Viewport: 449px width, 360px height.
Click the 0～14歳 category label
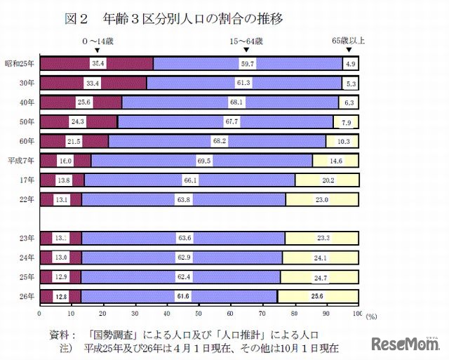coord(97,43)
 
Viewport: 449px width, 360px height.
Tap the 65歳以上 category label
coord(348,43)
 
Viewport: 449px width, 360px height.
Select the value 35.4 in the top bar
coord(98,64)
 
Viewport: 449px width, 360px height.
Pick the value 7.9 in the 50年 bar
coord(347,122)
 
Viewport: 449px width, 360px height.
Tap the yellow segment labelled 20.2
coord(327,180)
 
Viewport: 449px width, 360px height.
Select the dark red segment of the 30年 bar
coord(93,84)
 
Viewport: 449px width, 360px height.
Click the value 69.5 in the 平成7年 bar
coord(205,161)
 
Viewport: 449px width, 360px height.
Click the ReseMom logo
coord(406,344)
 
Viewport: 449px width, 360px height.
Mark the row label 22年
coord(27,199)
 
